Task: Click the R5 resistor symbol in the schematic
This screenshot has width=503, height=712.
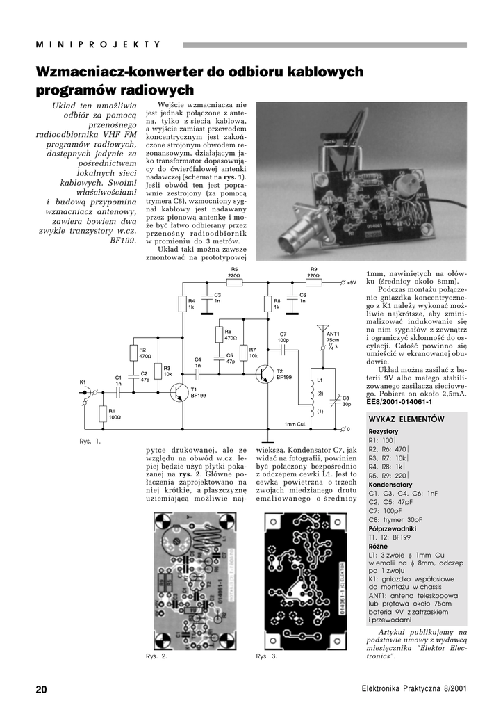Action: click(234, 283)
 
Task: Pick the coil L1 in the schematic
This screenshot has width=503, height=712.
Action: click(306, 394)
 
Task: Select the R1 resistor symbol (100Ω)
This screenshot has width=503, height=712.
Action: click(103, 414)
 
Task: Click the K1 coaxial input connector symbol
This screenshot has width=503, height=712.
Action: click(84, 393)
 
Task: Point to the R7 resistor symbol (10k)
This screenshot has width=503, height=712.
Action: click(242, 353)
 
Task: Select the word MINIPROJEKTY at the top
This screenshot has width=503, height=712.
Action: click(98, 44)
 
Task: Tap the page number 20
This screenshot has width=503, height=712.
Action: click(42, 689)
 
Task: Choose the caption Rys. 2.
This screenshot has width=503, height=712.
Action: click(156, 656)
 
